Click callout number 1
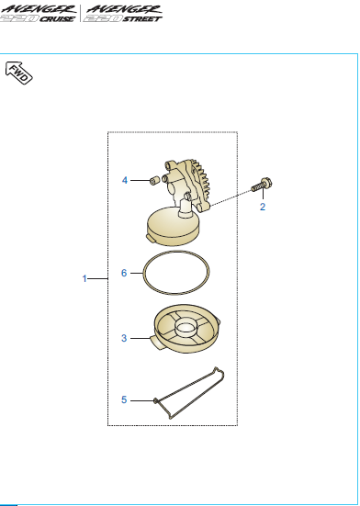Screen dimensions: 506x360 (x=84, y=277)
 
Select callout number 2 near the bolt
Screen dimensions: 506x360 (x=262, y=208)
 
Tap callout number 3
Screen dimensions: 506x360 (x=124, y=338)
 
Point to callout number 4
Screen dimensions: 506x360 (x=124, y=181)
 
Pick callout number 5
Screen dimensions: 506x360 (x=124, y=399)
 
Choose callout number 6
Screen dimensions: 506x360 (x=124, y=273)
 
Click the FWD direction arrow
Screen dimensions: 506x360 (x=19, y=73)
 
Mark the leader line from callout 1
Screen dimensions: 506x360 (x=98, y=277)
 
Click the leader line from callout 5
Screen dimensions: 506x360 (x=141, y=399)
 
